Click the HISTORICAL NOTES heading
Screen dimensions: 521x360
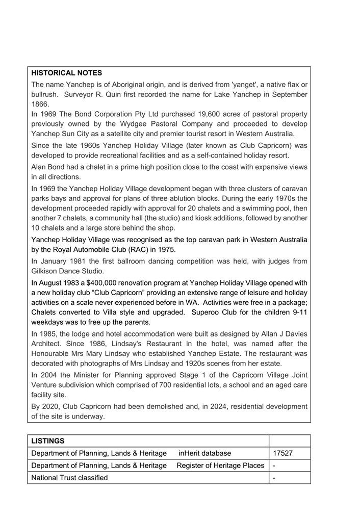click(66, 73)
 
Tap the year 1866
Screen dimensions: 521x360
click(40, 104)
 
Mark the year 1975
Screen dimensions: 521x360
click(167, 249)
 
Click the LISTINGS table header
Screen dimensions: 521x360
click(48, 440)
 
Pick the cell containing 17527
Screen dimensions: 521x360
click(283, 453)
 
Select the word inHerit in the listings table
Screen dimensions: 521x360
click(189, 453)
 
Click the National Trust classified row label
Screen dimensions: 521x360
click(69, 478)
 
